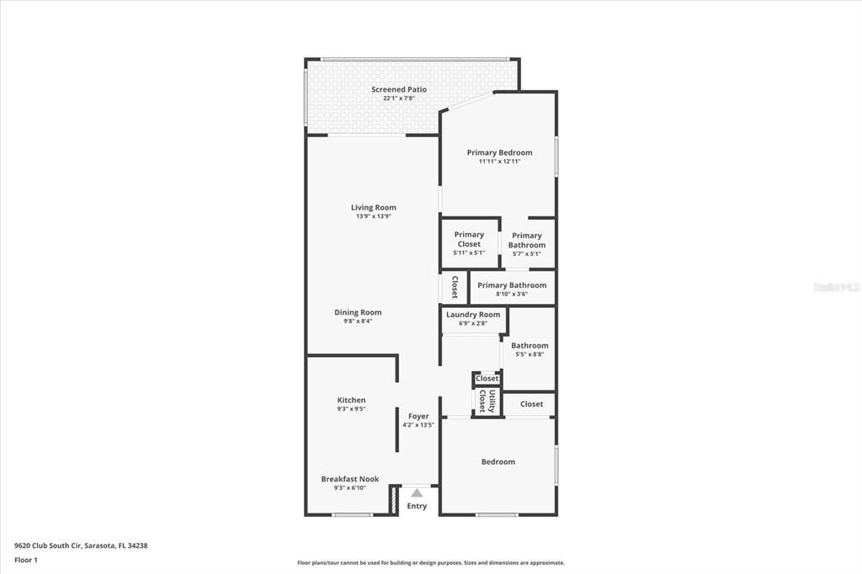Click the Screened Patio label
(x=398, y=89)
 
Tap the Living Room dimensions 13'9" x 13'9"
(x=373, y=216)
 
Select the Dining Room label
(x=358, y=312)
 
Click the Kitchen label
(x=351, y=401)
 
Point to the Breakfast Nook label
(x=350, y=479)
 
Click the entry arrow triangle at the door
(x=417, y=492)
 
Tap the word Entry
(x=417, y=506)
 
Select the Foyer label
(x=418, y=417)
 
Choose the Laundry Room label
(x=473, y=315)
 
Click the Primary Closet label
(x=469, y=239)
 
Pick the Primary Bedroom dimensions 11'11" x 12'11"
(x=500, y=162)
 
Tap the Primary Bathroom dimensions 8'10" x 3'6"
(x=512, y=294)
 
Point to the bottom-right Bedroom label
(x=498, y=462)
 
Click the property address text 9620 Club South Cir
(x=48, y=546)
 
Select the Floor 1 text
(x=26, y=561)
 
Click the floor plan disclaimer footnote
(x=431, y=563)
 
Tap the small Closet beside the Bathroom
(x=487, y=378)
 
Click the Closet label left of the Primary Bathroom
(x=455, y=287)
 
